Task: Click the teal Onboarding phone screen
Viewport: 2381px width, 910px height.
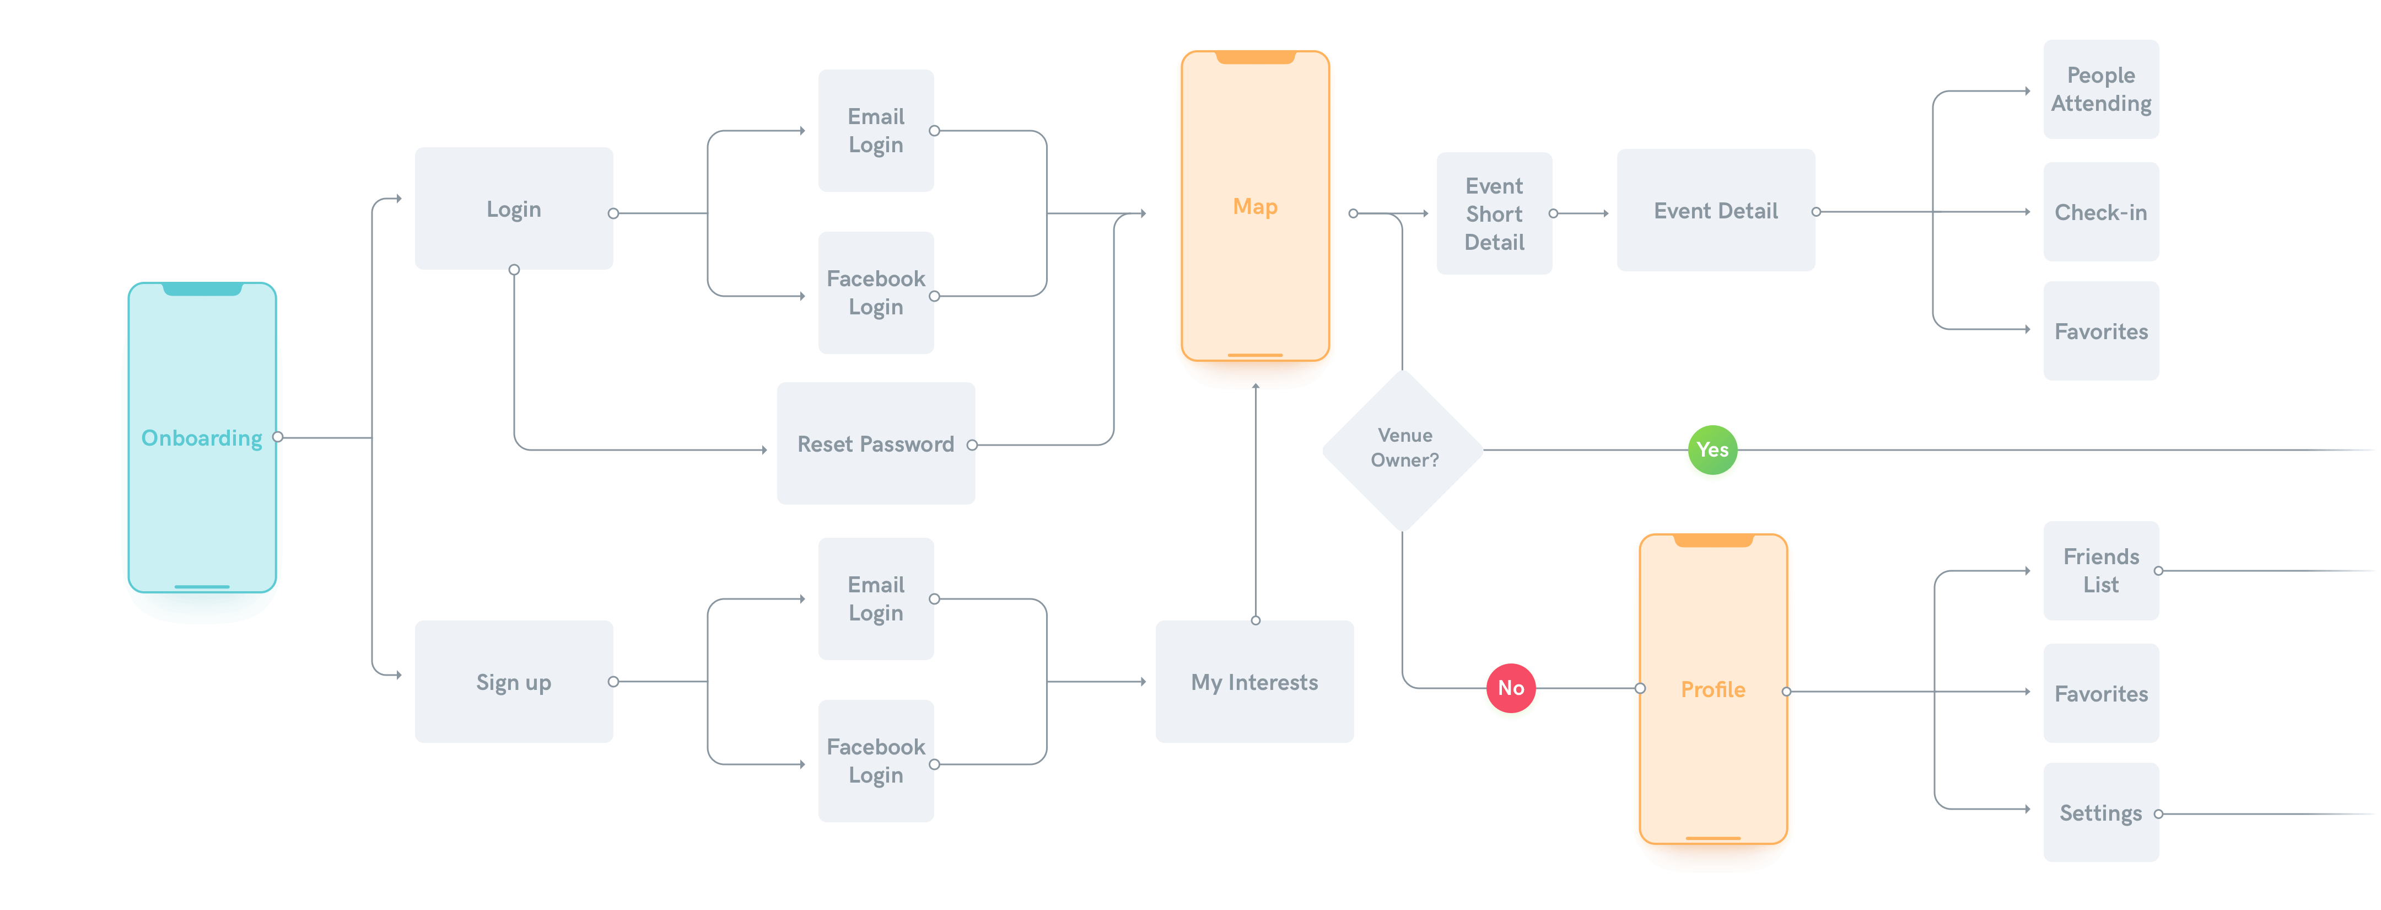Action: [x=202, y=438]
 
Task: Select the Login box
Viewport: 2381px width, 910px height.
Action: [x=514, y=209]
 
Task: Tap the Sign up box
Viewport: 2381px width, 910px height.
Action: [x=514, y=682]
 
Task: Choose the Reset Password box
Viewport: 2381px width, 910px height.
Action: [x=875, y=444]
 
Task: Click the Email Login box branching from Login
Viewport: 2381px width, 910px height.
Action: [x=875, y=130]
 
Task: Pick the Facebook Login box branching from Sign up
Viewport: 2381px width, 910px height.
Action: [x=875, y=760]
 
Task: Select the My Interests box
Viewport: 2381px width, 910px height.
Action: [x=1254, y=682]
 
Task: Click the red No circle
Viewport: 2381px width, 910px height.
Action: [x=1510, y=689]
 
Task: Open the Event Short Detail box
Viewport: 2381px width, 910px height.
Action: [x=1494, y=213]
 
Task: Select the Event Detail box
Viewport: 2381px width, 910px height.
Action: [x=1716, y=211]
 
